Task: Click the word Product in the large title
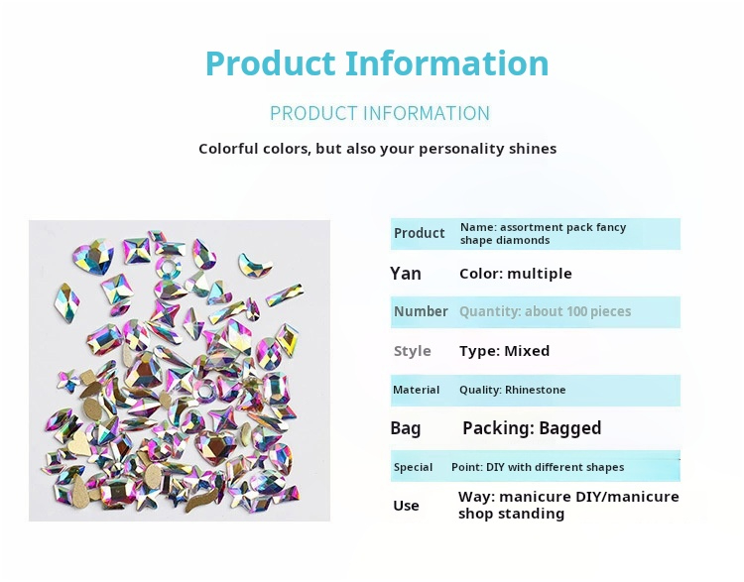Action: coord(271,63)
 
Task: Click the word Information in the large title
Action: coord(447,63)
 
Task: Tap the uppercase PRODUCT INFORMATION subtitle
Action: coord(379,113)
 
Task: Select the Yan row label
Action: coord(406,274)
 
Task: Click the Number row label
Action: coord(421,311)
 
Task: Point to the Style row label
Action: coord(413,351)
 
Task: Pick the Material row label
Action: coord(417,390)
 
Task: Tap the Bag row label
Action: coord(406,428)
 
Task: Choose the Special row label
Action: coord(413,467)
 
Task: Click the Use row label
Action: coord(407,506)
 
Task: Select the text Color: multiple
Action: coord(516,274)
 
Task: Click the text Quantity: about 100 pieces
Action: coord(545,311)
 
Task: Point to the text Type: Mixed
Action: coord(504,351)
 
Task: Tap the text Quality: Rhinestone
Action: coord(513,390)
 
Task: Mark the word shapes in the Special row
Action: coord(604,467)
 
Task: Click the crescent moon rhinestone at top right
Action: coord(255,266)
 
